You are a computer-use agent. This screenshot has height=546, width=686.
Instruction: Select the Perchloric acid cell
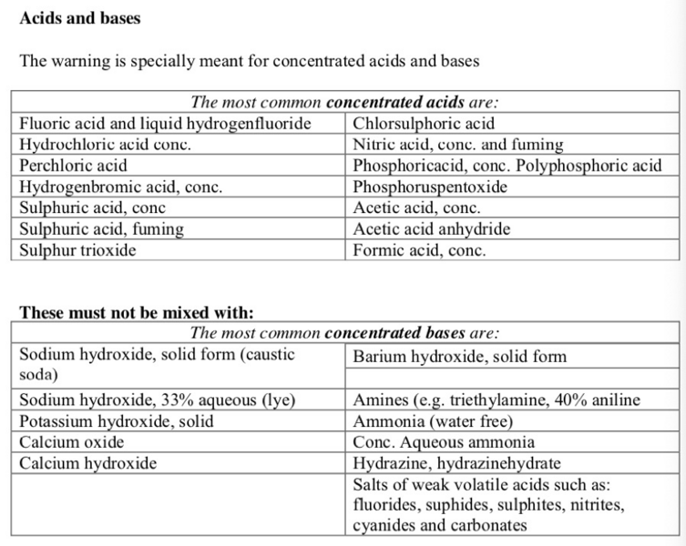tap(74, 166)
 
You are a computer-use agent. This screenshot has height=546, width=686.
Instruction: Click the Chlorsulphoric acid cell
tap(424, 124)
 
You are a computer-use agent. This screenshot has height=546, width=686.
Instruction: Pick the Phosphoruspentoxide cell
tap(429, 187)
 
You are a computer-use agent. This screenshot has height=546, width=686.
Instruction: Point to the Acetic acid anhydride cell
tap(431, 228)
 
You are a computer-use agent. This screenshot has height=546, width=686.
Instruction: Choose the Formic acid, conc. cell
tap(419, 249)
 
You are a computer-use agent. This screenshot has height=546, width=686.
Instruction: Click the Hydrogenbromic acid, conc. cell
tap(121, 187)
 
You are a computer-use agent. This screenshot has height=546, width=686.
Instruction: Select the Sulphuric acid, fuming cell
tap(101, 228)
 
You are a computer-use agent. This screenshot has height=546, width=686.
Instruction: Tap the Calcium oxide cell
tap(72, 442)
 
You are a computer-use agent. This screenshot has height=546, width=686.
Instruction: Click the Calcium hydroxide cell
tap(87, 463)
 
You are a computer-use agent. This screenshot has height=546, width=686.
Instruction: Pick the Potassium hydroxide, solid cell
tap(116, 421)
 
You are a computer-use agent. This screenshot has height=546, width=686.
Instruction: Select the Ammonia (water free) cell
tap(433, 421)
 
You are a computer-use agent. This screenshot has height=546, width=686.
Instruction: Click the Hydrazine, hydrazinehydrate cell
tap(456, 463)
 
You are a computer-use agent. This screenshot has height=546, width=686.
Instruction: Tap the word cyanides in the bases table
tap(384, 525)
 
